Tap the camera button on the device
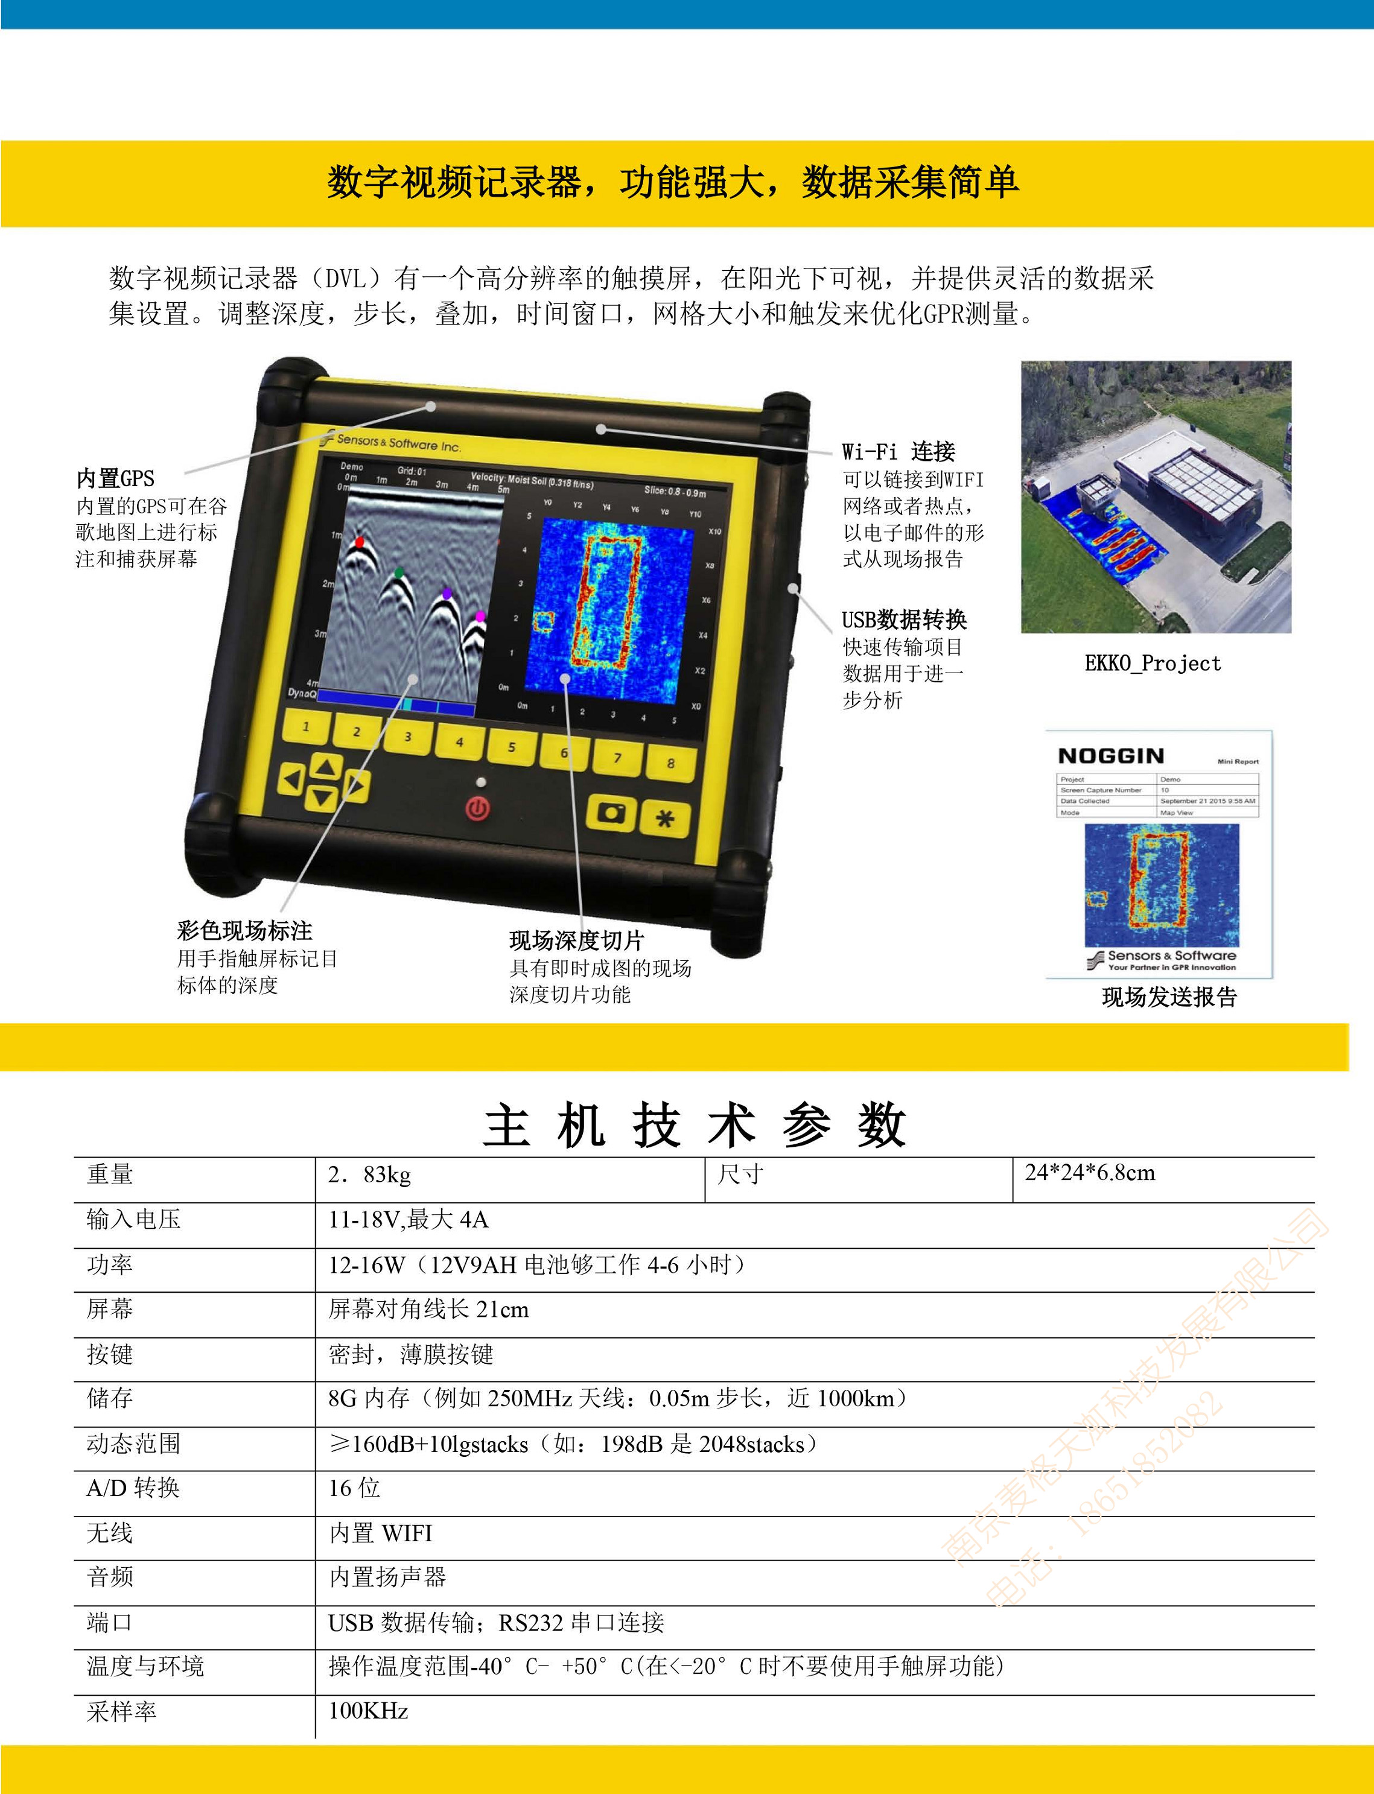[611, 813]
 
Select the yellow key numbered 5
[511, 747]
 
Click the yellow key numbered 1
[307, 726]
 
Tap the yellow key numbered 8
[670, 764]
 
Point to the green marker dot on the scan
[399, 572]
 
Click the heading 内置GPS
[115, 478]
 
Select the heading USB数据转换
[904, 620]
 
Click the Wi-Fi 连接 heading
[898, 451]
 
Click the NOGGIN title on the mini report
[1111, 756]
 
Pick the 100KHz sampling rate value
[368, 1711]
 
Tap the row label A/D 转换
[133, 1488]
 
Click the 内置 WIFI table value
[380, 1533]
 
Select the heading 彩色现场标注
[244, 931]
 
